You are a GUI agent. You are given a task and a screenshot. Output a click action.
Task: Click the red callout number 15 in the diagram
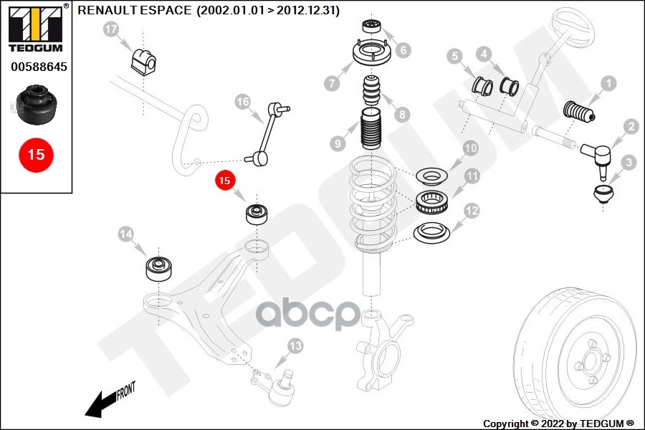pos(224,181)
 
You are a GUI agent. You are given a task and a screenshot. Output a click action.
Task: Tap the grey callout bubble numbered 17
pos(110,29)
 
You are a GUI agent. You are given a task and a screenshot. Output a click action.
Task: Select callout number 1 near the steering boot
pos(608,84)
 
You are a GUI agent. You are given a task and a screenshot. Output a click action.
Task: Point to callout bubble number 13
pos(296,347)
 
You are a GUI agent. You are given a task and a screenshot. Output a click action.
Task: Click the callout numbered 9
pos(336,144)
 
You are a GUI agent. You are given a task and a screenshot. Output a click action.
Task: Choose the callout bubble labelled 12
pos(471,211)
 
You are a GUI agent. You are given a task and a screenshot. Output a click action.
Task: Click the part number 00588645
pos(38,67)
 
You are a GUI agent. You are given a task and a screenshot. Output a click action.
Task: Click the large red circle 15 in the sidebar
pos(36,154)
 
